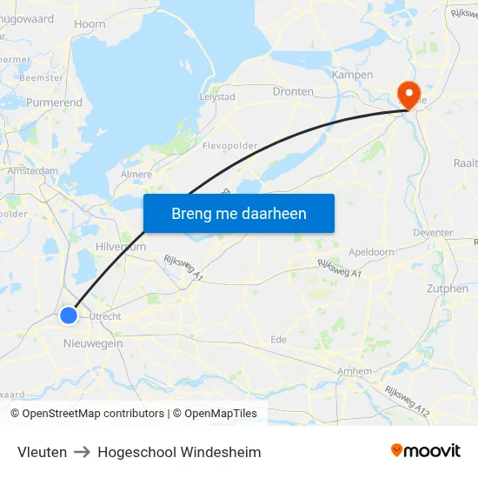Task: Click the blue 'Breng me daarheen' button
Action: (239, 213)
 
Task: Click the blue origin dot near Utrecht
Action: (70, 316)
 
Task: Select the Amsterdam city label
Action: (33, 171)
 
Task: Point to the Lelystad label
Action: (217, 96)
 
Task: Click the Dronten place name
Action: (293, 91)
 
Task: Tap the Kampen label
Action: (352, 75)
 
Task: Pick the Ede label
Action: (279, 339)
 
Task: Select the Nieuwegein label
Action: (93, 343)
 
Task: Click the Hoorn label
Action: (90, 25)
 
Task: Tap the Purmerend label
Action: (55, 103)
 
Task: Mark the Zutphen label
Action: (448, 289)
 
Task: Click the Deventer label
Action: (434, 233)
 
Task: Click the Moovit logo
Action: (425, 450)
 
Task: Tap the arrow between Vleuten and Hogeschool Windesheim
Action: (83, 452)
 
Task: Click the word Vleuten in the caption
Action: (42, 452)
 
